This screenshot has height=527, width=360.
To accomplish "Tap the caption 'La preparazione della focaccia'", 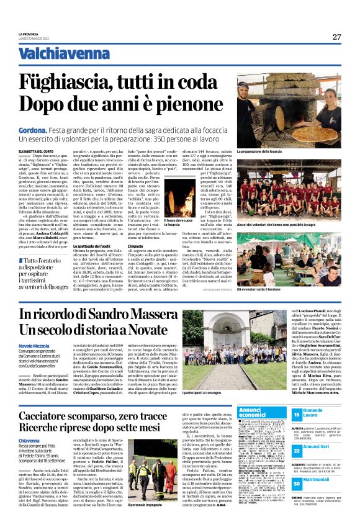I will (x=259, y=151).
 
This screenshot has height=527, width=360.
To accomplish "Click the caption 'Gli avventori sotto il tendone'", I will (x=259, y=289).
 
